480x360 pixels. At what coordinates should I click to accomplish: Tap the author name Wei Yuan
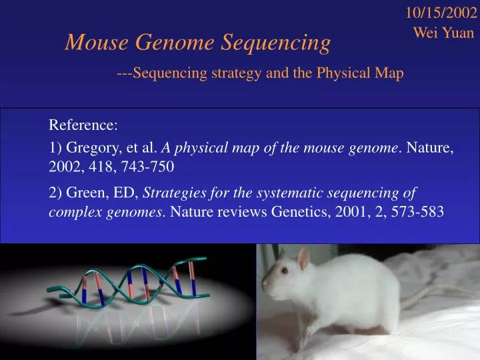[444, 32]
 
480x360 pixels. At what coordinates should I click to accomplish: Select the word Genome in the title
[175, 43]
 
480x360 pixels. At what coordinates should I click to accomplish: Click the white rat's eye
[283, 271]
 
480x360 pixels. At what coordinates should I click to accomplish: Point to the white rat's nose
[264, 283]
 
